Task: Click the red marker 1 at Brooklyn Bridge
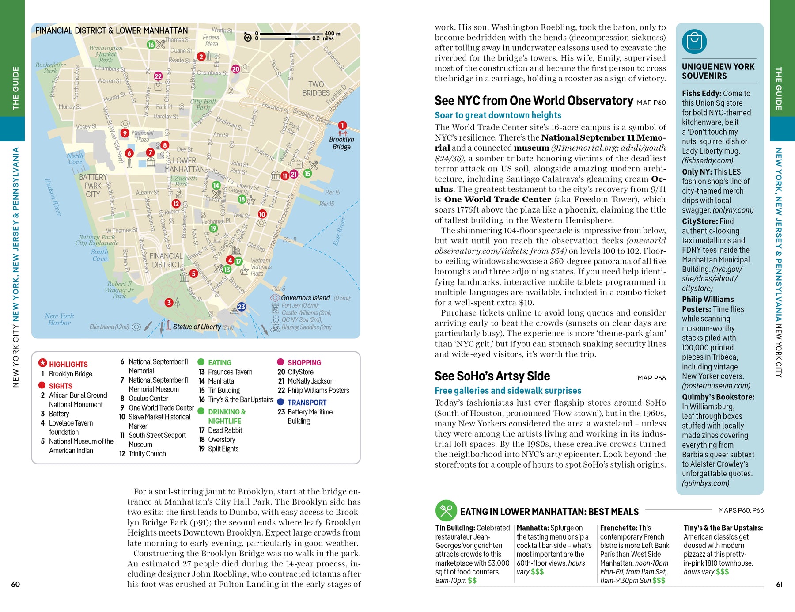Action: coord(342,125)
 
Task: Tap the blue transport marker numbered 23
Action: coord(241,307)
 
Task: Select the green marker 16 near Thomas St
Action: coord(151,45)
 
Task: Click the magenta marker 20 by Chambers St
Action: coord(236,69)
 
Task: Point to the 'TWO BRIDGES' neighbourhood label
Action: coord(316,88)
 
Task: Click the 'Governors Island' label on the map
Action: coord(305,298)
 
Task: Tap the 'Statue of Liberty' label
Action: coord(197,327)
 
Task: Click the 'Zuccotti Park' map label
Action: coord(186,181)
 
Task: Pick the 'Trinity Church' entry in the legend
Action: coord(147,454)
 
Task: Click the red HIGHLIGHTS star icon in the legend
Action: coord(42,363)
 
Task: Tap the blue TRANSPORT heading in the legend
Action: coord(307,403)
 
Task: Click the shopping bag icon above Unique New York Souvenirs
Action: coord(694,42)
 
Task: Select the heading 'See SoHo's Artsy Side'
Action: coord(492,376)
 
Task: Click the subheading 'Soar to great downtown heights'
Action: coord(498,115)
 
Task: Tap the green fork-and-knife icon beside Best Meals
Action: coord(446,511)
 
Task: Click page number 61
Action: coord(779,584)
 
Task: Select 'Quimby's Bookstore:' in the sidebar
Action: coord(718,397)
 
